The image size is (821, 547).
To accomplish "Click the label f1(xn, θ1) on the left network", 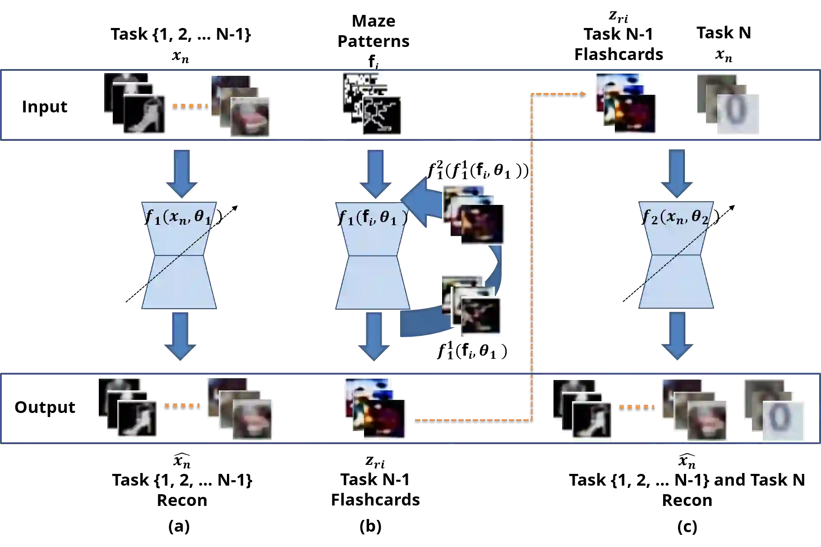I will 179,217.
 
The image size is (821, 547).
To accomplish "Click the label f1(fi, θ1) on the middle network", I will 373,218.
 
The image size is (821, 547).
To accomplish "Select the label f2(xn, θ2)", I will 676,217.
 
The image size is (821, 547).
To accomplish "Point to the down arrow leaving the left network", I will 180,336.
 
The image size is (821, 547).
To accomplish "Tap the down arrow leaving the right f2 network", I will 678,336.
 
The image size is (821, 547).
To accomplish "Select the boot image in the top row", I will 146,115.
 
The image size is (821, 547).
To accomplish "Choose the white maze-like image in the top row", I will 382,115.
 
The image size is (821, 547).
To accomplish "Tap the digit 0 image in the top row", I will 738,115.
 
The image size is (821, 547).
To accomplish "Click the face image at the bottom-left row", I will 252,419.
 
